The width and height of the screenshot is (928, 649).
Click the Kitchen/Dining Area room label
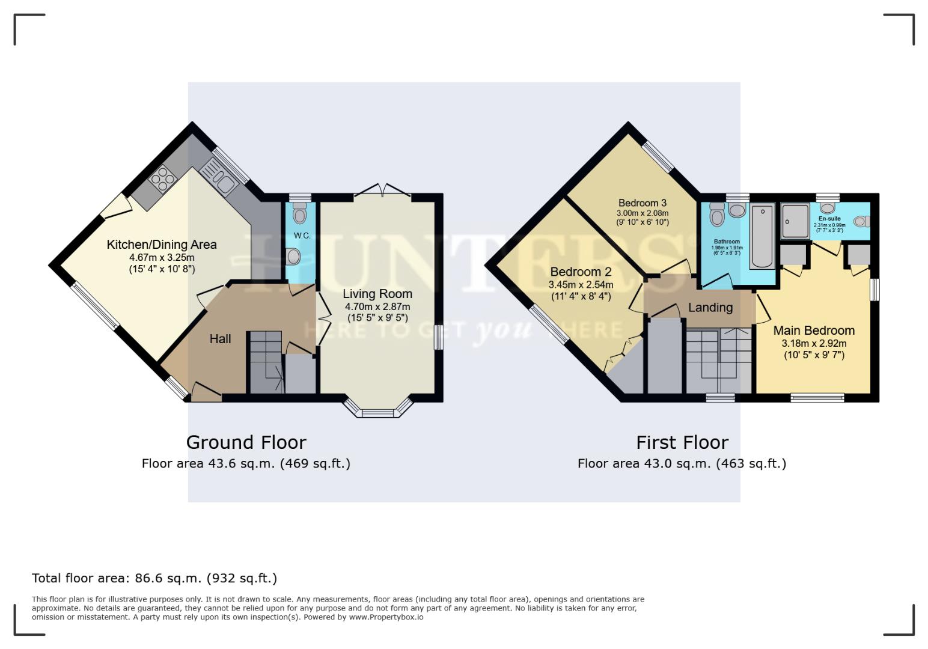(162, 245)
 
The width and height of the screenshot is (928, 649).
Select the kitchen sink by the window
(220, 178)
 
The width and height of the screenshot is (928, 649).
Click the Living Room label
(377, 294)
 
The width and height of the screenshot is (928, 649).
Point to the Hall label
(220, 339)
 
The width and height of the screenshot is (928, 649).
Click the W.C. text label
(302, 236)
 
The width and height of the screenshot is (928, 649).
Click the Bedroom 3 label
(642, 203)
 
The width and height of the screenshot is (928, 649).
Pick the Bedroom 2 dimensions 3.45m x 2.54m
(581, 285)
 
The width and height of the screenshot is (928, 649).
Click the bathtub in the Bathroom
(763, 236)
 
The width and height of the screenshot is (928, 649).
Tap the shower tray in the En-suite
(795, 222)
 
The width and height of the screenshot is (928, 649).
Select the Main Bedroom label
(814, 331)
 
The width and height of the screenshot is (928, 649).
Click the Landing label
(710, 308)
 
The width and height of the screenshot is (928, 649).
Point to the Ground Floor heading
(246, 442)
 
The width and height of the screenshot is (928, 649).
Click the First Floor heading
(682, 442)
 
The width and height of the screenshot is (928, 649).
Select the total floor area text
(154, 578)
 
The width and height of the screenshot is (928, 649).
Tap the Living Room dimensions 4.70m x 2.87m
(377, 306)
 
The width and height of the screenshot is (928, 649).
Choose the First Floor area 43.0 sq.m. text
(682, 463)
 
